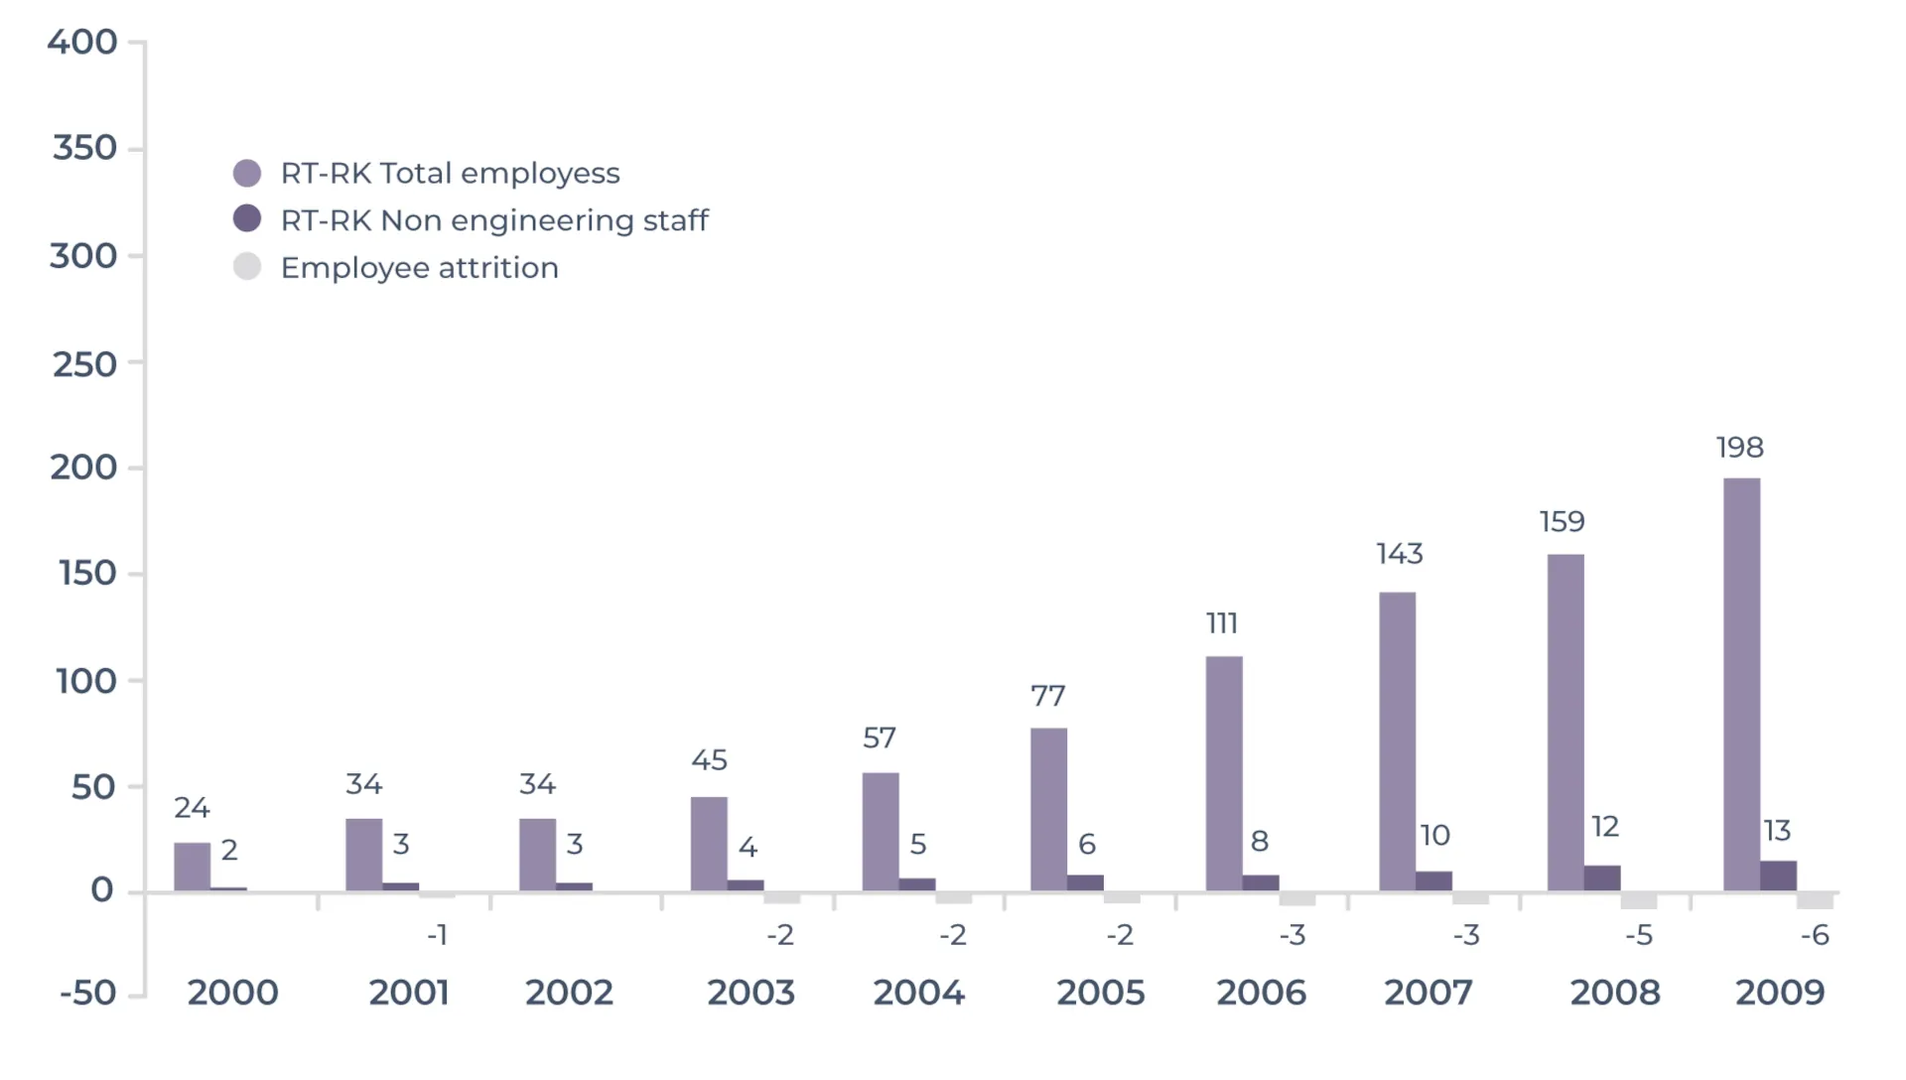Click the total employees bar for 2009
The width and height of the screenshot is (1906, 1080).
tap(1741, 685)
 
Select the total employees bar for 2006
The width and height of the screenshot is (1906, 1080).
tap(1223, 773)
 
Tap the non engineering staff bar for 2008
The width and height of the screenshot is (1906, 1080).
tap(1601, 878)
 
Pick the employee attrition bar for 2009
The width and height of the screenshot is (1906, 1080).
tap(1814, 900)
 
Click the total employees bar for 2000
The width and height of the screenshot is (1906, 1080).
tap(192, 867)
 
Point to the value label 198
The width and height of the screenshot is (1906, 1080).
tap(1739, 448)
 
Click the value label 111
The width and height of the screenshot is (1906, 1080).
tap(1221, 623)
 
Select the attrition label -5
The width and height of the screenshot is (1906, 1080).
tap(1638, 935)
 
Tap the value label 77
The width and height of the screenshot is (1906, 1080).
tap(1047, 696)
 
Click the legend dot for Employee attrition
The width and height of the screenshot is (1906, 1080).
tap(247, 267)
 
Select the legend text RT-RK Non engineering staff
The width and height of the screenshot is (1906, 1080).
tap(494, 220)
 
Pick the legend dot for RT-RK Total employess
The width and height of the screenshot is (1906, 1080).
tap(247, 174)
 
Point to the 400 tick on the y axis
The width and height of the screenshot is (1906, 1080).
tap(82, 42)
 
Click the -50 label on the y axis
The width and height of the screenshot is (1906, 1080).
tap(87, 993)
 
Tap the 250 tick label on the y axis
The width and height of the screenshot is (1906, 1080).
tap(84, 364)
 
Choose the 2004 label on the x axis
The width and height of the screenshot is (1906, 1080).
tap(918, 993)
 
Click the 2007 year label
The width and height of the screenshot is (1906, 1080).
tap(1428, 993)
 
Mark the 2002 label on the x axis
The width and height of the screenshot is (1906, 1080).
tap(569, 993)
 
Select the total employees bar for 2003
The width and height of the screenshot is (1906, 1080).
tap(709, 844)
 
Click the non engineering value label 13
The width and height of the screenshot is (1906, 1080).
tap(1777, 830)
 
